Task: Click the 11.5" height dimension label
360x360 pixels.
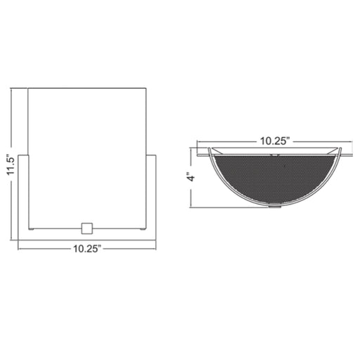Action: (x=11, y=165)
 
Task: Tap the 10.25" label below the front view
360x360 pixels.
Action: (x=87, y=249)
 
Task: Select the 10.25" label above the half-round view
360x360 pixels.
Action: (x=275, y=141)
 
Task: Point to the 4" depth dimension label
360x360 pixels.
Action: (x=192, y=177)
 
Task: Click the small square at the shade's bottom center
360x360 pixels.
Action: (x=87, y=229)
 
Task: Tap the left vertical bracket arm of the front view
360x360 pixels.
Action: (x=23, y=198)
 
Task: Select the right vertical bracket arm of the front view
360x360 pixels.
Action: (x=150, y=198)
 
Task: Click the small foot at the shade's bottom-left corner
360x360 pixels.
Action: (x=31, y=229)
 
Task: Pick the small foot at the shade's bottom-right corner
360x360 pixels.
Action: (x=143, y=229)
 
